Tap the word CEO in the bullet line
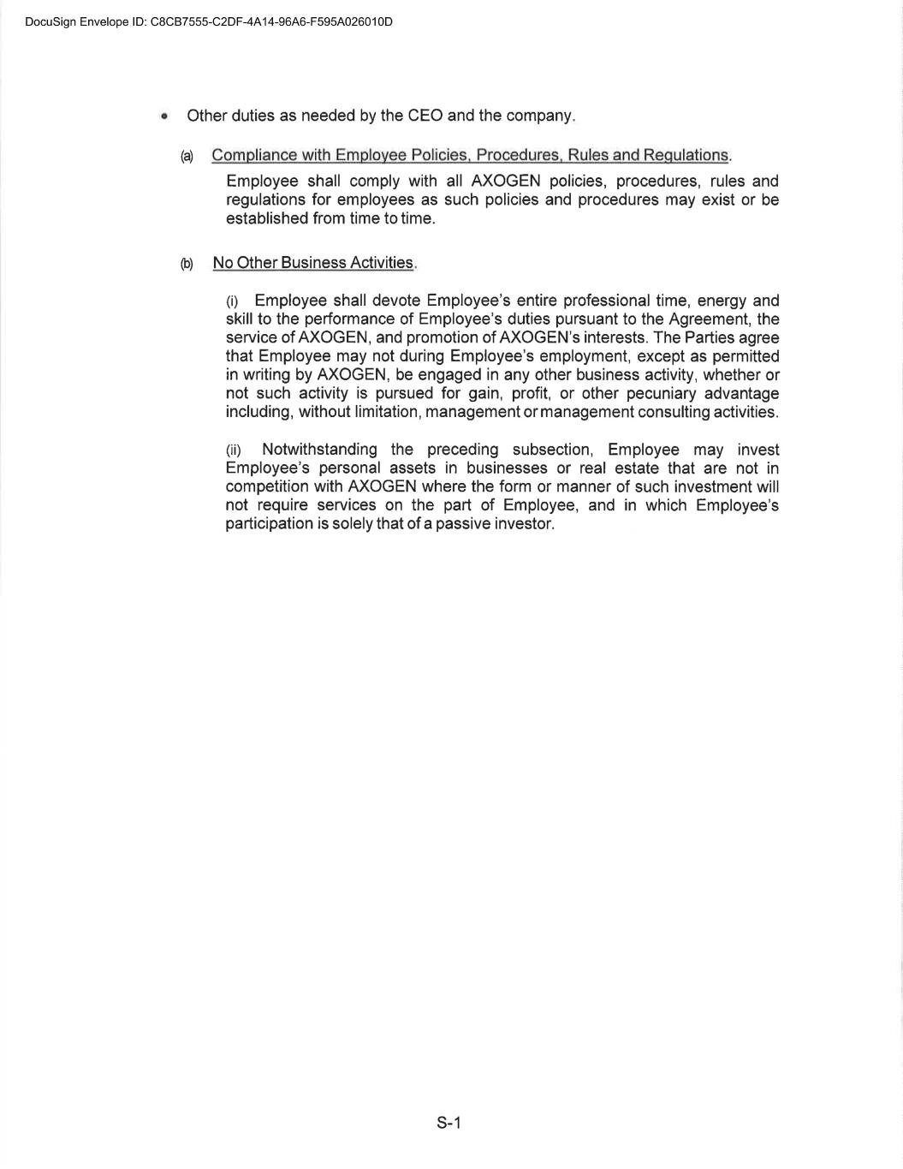pos(425,116)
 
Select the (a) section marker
pos(187,156)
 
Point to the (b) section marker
pos(187,264)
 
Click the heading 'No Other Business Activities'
pos(312,263)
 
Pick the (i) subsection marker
pos(232,301)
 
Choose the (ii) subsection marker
pos(234,450)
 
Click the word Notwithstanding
pos(319,450)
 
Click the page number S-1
pos(449,1123)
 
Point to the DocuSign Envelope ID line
pos(209,21)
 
